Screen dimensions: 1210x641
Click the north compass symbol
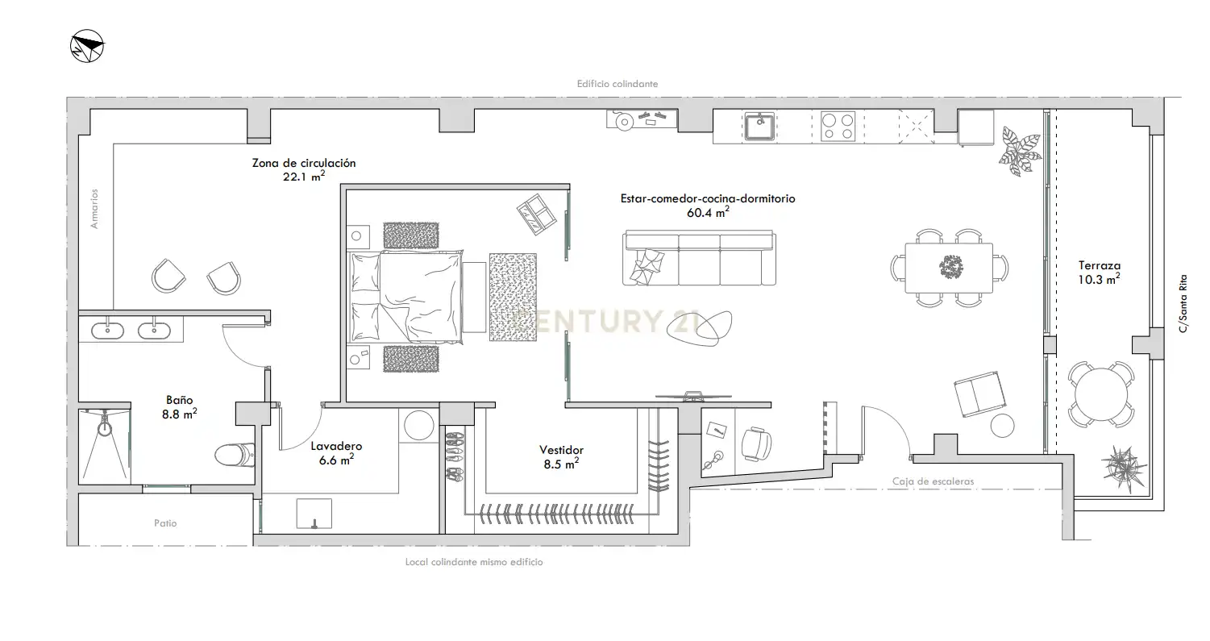click(87, 46)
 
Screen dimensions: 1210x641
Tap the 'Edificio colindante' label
click(617, 84)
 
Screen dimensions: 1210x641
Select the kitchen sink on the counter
click(759, 127)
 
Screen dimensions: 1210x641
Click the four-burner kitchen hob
click(838, 127)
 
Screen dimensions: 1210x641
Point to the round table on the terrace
click(1101, 394)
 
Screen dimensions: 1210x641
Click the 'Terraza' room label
click(1100, 265)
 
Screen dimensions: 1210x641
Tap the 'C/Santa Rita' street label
click(1183, 304)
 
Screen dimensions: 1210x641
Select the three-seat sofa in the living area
click(699, 258)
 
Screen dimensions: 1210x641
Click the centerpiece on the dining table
click(950, 267)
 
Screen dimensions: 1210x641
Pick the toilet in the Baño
click(235, 455)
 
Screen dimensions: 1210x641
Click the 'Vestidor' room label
click(561, 450)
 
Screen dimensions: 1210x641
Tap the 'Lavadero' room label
click(336, 446)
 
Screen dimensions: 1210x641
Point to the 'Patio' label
click(165, 523)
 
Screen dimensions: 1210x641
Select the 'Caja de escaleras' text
click(933, 481)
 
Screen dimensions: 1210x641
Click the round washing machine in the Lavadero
click(418, 426)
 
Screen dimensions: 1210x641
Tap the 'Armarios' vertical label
click(94, 209)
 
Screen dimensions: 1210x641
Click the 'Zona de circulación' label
click(304, 163)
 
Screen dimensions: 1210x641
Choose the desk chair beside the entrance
click(755, 443)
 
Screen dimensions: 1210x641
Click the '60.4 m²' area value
click(708, 212)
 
